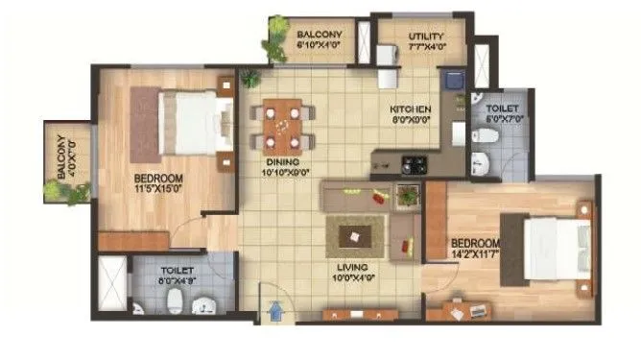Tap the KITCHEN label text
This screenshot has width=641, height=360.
[409, 109]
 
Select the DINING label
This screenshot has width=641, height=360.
[284, 162]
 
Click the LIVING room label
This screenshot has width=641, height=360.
[356, 267]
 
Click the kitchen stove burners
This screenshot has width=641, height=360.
[414, 165]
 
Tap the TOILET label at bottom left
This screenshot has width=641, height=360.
[178, 272]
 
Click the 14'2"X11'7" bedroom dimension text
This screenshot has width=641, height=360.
[477, 255]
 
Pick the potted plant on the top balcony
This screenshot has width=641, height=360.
[278, 29]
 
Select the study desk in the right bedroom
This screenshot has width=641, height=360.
[460, 312]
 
